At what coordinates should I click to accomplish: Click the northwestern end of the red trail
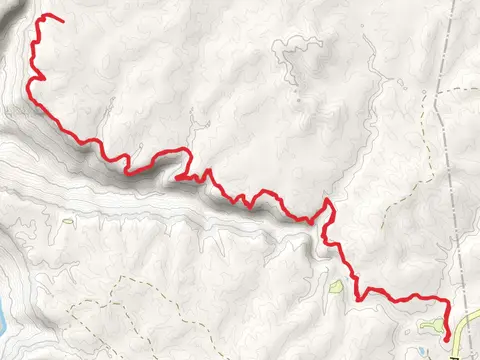point(63,21)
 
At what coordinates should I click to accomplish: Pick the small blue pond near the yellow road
point(444,349)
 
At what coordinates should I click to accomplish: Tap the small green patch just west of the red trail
point(337,289)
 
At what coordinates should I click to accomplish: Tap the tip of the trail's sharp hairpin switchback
point(176,178)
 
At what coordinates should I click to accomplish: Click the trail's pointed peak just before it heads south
point(328,199)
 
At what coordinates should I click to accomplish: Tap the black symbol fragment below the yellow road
point(455,354)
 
